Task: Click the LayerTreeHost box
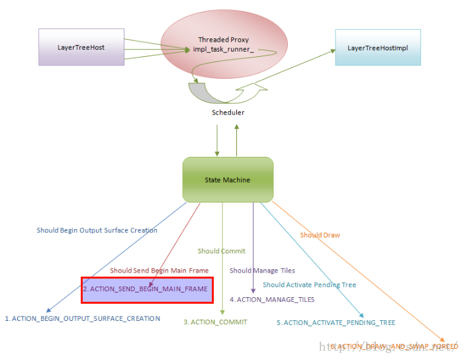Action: [x=81, y=47]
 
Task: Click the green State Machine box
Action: [x=228, y=179]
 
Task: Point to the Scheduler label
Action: [x=228, y=112]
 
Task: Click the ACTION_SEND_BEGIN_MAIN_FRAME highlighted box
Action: [x=147, y=289]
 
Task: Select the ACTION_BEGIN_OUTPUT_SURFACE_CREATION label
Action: [x=83, y=318]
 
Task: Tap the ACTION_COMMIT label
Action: [x=215, y=322]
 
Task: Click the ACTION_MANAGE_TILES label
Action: [x=271, y=299]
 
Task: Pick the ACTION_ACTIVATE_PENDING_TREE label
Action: [x=336, y=322]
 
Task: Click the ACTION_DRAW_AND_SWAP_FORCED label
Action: [x=393, y=346]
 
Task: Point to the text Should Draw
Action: [x=320, y=235]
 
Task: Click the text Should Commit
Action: [x=221, y=251]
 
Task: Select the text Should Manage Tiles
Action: [x=262, y=270]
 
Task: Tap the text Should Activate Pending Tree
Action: [x=309, y=285]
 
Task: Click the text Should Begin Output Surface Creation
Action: [x=97, y=230]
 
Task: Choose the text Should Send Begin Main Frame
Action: [x=159, y=270]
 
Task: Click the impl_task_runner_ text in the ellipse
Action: [x=223, y=50]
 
